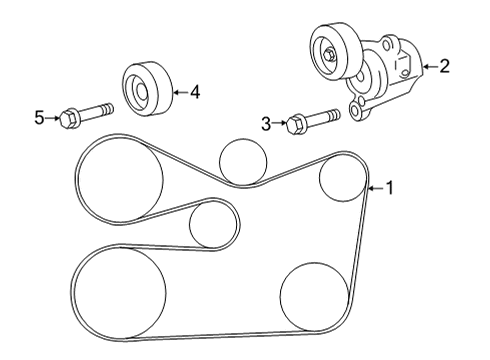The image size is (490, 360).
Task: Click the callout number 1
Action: (x=390, y=187)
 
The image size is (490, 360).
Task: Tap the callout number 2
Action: (x=444, y=67)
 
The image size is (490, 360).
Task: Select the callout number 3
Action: (x=266, y=124)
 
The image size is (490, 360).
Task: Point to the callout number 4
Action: (x=195, y=93)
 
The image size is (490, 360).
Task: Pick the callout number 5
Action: (x=39, y=119)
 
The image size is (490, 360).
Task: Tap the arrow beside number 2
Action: (x=428, y=67)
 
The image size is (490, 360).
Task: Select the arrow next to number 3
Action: (x=279, y=124)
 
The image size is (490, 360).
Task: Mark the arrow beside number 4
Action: (x=180, y=93)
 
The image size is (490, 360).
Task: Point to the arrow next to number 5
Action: (x=53, y=119)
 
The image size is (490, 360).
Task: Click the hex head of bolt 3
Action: (x=296, y=125)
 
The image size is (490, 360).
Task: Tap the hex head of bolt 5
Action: (x=68, y=119)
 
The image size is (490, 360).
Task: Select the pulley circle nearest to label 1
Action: (x=342, y=180)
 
